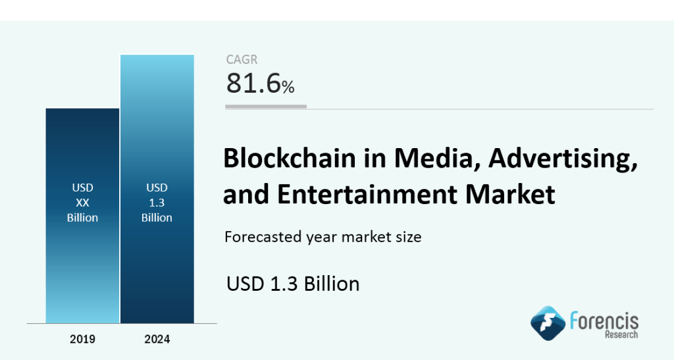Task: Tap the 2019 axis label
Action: (82, 340)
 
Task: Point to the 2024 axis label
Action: (157, 340)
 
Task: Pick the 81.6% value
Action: (260, 84)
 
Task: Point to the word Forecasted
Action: (262, 236)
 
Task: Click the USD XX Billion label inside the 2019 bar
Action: (82, 203)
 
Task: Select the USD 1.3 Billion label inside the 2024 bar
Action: (157, 203)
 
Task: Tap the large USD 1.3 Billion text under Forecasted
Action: (293, 284)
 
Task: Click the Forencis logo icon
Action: (548, 322)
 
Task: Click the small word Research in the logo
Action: (622, 334)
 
